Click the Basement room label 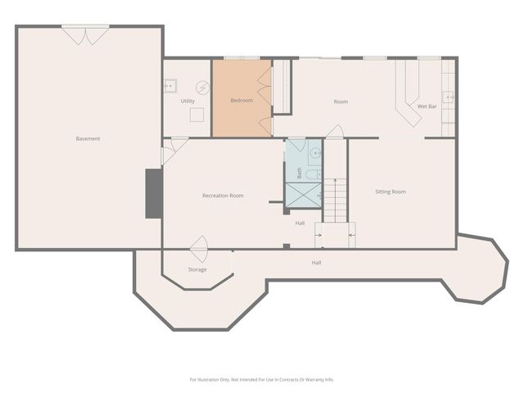tap(88, 138)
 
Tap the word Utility tap(187, 101)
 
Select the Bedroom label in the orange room tap(242, 101)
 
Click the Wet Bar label tap(428, 106)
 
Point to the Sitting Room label tap(391, 192)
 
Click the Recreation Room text tap(223, 196)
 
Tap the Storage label tap(197, 269)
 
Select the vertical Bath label tap(300, 174)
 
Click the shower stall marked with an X tap(303, 196)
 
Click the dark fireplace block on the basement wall tap(153, 193)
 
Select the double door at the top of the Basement tap(85, 34)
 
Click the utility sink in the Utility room tap(171, 85)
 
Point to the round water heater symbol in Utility tap(202, 87)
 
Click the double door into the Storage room tap(199, 245)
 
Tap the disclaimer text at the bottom tap(262, 379)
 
